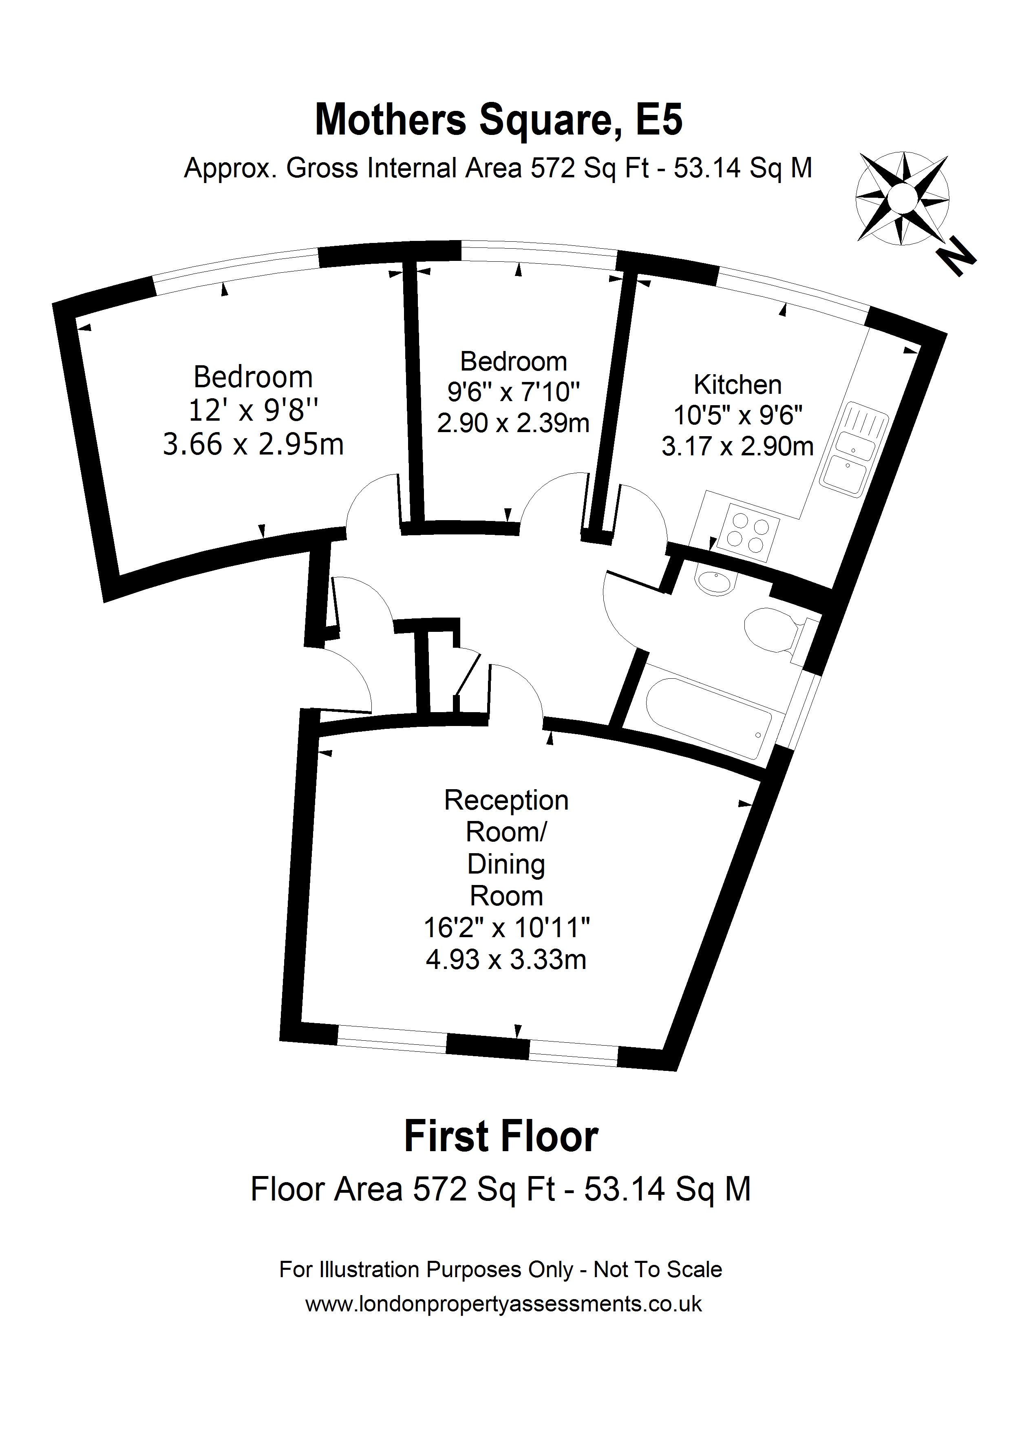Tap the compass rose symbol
click(x=902, y=197)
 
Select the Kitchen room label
click(x=737, y=385)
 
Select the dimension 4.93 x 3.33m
click(x=506, y=960)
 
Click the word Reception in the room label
click(x=506, y=800)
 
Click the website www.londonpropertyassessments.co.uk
click(x=503, y=1304)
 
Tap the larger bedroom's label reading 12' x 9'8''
click(x=253, y=411)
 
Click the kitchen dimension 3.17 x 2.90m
click(x=737, y=446)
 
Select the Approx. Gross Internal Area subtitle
click(x=498, y=168)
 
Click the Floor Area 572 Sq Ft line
click(x=500, y=1189)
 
